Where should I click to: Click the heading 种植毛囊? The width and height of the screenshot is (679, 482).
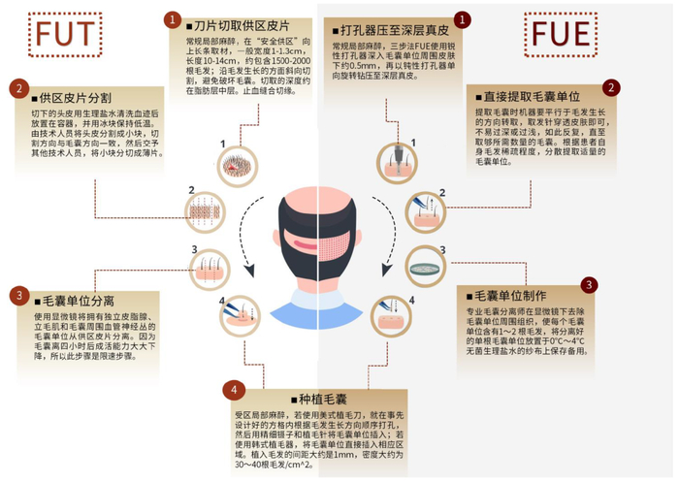tap(317, 399)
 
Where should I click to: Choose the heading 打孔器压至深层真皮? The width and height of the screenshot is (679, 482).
tap(383, 19)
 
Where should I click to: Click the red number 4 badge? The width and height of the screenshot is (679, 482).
tap(230, 390)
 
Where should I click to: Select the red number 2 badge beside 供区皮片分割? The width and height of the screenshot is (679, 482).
tap(18, 89)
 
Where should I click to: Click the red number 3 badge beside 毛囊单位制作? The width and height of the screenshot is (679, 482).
tap(589, 284)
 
